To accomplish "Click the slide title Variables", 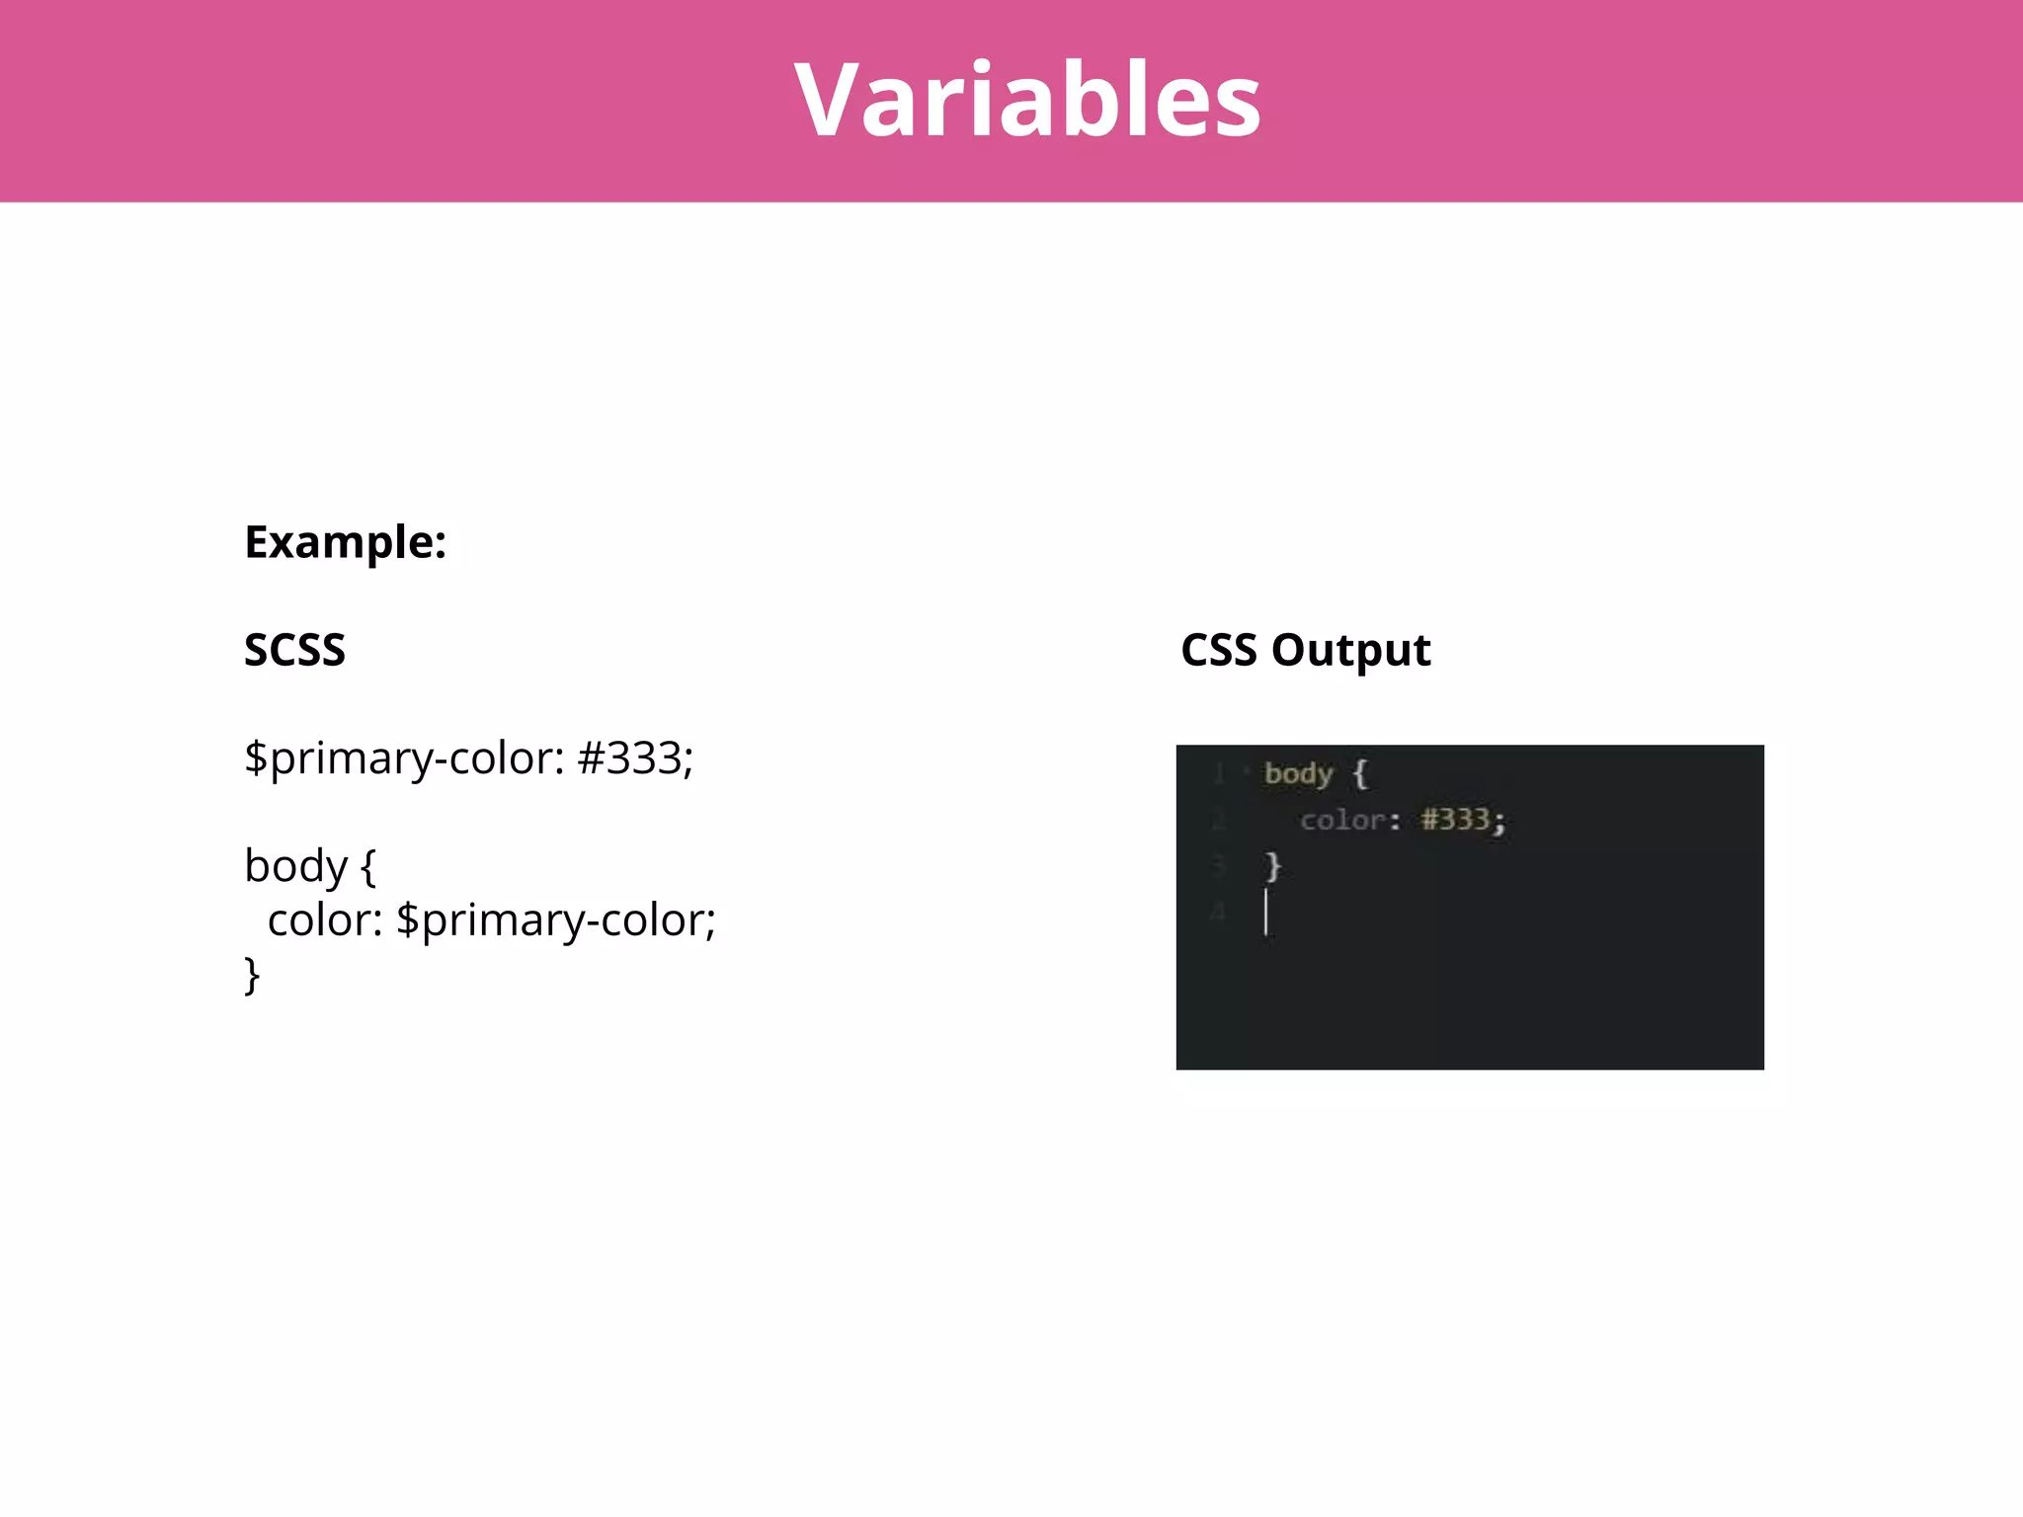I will pos(1027,100).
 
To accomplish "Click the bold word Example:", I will pos(345,542).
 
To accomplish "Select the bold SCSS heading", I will pos(294,650).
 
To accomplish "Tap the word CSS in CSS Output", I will pos(1219,650).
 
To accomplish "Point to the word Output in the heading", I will pos(1350,650).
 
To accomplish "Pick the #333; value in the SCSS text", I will pos(635,758).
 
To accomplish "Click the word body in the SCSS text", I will pos(295,866).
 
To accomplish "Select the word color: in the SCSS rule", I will pos(325,920).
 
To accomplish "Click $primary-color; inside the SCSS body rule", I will pos(555,920).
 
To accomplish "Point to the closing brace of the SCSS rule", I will pos(252,975).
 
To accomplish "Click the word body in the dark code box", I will pos(1298,773).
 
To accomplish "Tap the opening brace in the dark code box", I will pos(1360,773).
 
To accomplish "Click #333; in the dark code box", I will pos(1462,820).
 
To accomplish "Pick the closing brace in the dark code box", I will pos(1273,866).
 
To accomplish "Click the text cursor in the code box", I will pos(1265,912).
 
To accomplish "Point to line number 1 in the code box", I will pos(1219,773).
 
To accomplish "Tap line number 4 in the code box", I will pos(1219,912).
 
